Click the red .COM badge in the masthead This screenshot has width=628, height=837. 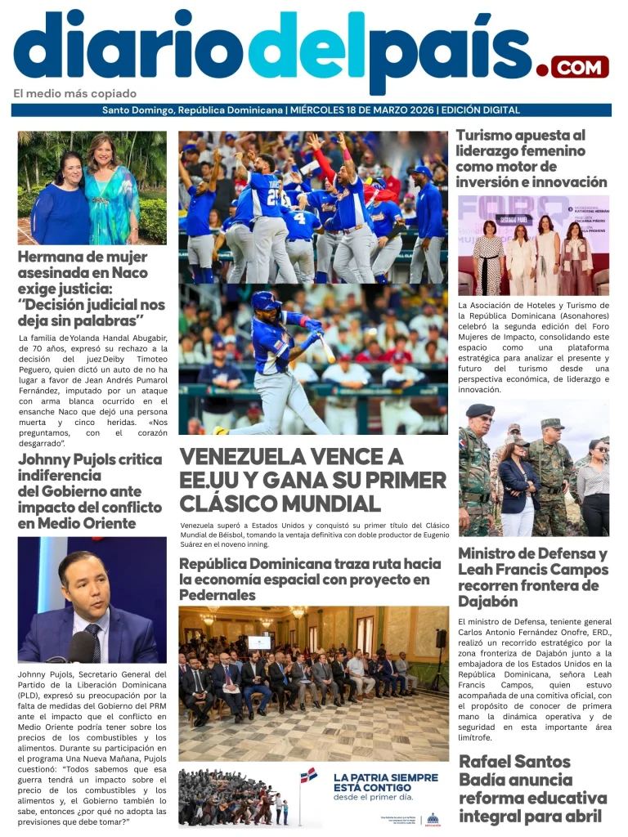point(580,66)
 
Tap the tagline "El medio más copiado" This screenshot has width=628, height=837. point(75,93)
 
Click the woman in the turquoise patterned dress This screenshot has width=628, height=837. point(113,196)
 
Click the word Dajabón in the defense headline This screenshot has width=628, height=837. point(488,602)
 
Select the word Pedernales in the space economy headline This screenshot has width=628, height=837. point(218,595)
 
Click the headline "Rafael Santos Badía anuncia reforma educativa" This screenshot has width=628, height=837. point(532,789)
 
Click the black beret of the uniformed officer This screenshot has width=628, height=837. point(480,410)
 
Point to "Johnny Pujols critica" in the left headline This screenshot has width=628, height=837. point(90,459)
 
